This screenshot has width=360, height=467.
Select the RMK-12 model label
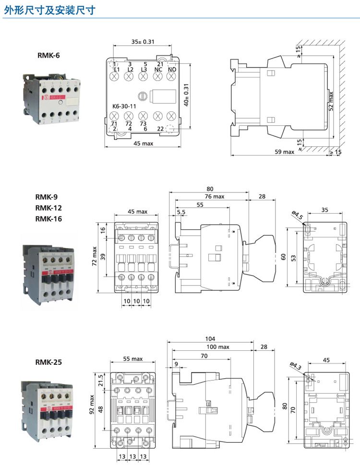point(48,208)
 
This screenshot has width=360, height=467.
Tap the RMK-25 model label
point(48,362)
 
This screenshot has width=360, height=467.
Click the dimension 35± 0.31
point(143,42)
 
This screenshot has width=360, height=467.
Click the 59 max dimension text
point(284,152)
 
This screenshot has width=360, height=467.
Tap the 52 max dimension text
point(331,101)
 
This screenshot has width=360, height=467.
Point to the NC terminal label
point(158,70)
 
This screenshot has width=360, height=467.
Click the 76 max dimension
point(215,196)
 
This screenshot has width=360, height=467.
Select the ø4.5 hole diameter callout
point(298,215)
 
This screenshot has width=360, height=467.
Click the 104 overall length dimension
point(210,338)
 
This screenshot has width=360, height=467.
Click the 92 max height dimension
point(92,406)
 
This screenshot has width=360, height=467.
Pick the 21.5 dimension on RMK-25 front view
point(101,382)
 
